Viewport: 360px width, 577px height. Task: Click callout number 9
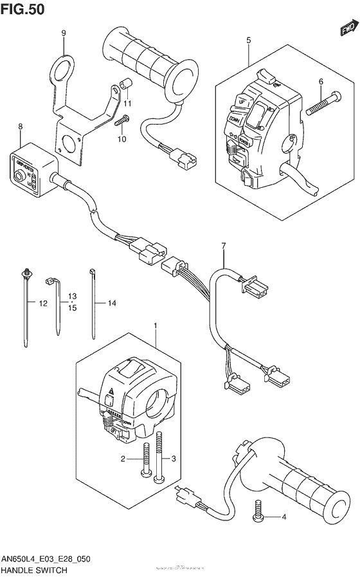(x=64, y=33)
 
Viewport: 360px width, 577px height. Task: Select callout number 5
(x=248, y=41)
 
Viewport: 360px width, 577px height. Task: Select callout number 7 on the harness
(x=224, y=246)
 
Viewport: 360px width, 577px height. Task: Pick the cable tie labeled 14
(x=93, y=302)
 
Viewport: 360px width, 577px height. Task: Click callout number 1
(x=154, y=326)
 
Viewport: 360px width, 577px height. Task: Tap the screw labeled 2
(x=145, y=461)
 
